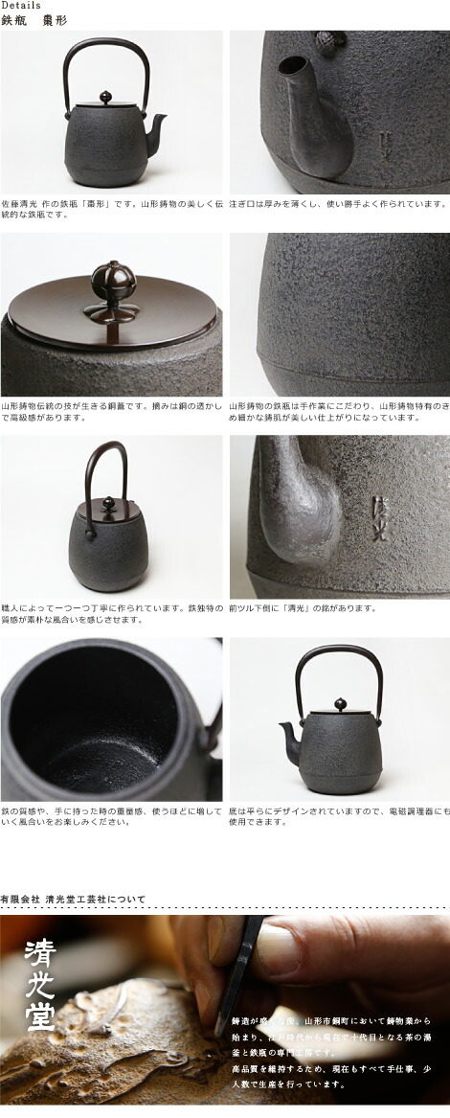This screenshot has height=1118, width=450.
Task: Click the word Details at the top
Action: click(x=21, y=6)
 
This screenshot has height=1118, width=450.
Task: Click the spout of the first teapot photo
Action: click(x=158, y=124)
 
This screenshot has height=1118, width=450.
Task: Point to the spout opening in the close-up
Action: click(x=291, y=70)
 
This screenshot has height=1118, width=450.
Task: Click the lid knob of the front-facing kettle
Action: click(x=109, y=504)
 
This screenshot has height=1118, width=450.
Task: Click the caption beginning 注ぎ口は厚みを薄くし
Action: click(x=338, y=202)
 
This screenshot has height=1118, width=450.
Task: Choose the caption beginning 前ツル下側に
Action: click(x=303, y=607)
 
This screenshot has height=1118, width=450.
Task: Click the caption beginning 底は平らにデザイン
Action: click(x=338, y=815)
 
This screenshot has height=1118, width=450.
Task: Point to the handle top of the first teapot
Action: click(x=106, y=40)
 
